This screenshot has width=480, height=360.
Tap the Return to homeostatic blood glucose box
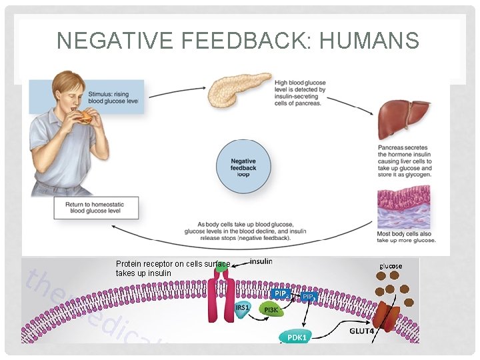[x=97, y=208]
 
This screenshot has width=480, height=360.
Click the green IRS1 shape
[x=243, y=309]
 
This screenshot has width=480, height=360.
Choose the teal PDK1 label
[x=297, y=337]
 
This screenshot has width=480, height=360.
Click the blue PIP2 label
[x=281, y=293]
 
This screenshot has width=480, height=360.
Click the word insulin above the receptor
[x=261, y=261]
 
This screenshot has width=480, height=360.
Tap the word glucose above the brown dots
[x=391, y=266]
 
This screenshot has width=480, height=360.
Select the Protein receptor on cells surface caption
[x=172, y=269]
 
